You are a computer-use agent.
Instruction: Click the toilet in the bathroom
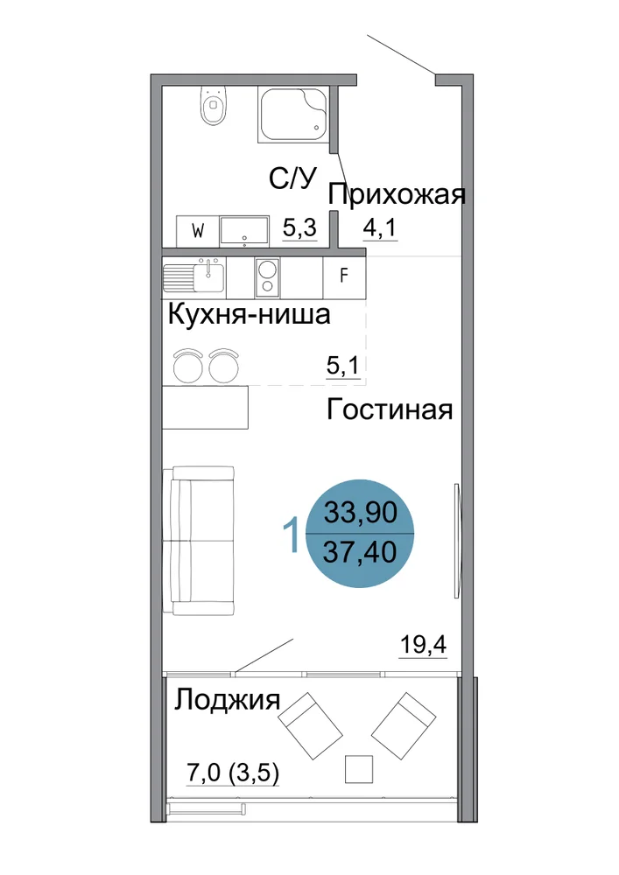point(214,105)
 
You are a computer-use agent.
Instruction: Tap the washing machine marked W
point(197,231)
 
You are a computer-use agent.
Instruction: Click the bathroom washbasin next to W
point(244,231)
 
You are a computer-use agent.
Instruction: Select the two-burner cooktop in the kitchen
point(267,277)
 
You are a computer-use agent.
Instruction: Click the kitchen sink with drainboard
point(193,276)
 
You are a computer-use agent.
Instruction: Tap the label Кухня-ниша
point(249,314)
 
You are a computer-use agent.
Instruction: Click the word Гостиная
point(390,409)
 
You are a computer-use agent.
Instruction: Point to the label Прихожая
point(397,195)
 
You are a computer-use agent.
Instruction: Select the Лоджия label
point(227,700)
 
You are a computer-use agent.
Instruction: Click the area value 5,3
point(299,227)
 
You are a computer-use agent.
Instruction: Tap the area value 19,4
point(423,645)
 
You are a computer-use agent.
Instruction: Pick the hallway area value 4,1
point(380,227)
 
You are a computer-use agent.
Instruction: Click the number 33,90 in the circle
point(361,512)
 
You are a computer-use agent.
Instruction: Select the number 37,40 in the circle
point(360,552)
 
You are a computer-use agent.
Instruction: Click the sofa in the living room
point(198,541)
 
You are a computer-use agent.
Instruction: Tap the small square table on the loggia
point(359,769)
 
